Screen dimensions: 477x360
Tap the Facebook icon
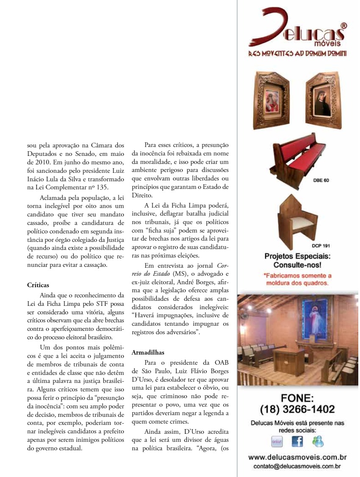point(297,441)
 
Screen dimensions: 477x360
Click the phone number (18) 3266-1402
point(297,409)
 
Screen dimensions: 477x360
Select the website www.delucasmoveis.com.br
point(297,458)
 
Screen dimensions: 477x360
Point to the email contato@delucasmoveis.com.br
point(297,466)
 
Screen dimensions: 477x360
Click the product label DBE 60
point(321,180)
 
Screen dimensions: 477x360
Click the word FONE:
point(297,398)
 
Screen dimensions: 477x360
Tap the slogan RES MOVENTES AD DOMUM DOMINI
point(297,54)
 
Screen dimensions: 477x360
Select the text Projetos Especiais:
point(297,256)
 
